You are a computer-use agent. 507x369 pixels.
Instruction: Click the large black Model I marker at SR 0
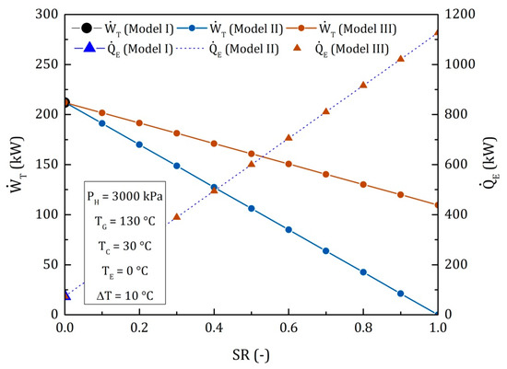65,103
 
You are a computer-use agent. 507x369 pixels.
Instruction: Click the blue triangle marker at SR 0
65,295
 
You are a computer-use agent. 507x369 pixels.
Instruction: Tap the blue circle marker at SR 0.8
363,272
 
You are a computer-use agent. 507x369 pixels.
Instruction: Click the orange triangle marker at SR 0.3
176,217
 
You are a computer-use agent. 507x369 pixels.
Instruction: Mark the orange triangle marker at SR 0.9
400,59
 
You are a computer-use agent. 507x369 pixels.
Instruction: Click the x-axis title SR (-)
251,352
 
